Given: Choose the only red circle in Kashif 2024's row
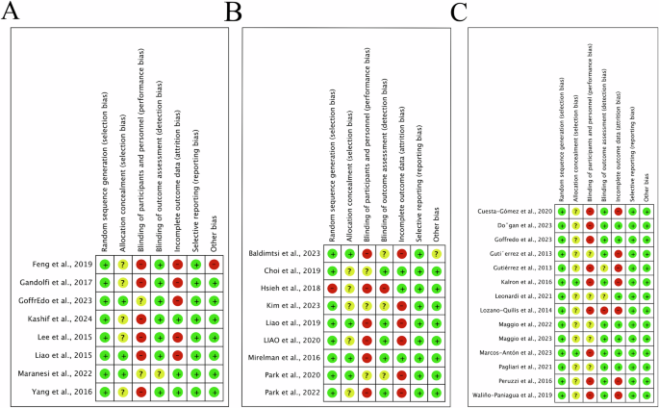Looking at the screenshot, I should click(141, 319).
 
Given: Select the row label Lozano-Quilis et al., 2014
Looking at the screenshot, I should click(513, 312).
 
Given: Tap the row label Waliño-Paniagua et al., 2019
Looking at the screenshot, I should click(510, 395).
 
